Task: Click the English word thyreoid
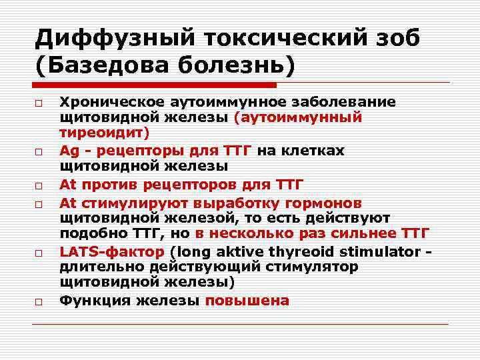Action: (x=298, y=251)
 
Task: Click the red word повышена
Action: (x=247, y=300)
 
